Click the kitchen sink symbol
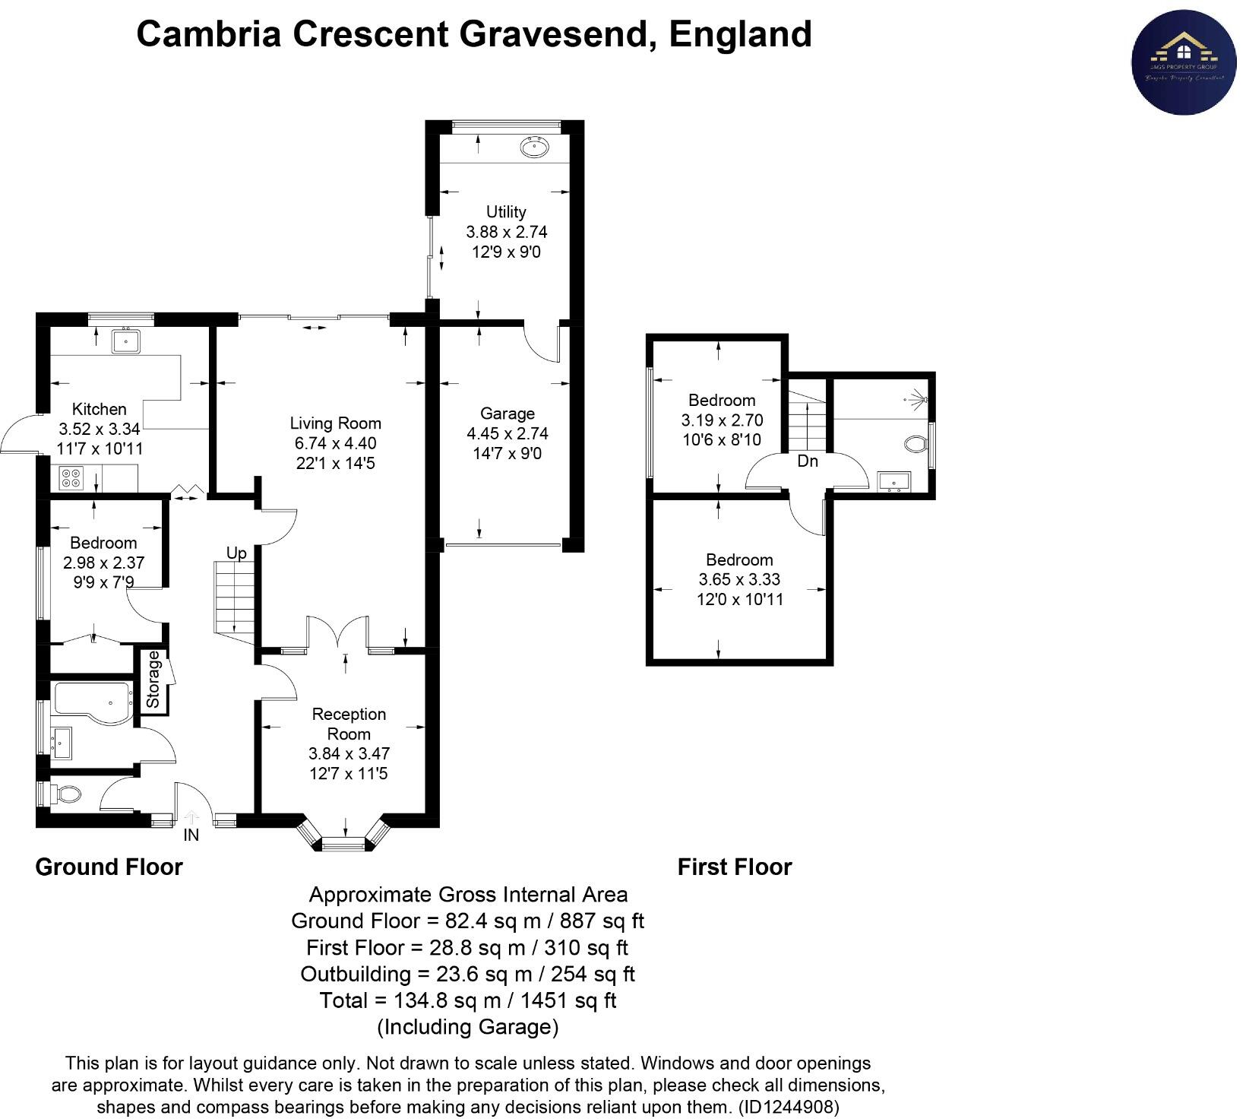pyautogui.click(x=125, y=342)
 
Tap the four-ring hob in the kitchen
pyautogui.click(x=71, y=478)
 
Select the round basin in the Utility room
pyautogui.click(x=535, y=147)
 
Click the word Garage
pyautogui.click(x=507, y=414)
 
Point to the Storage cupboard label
pyautogui.click(x=153, y=680)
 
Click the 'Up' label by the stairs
pyautogui.click(x=236, y=553)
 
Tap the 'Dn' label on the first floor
pyautogui.click(x=808, y=461)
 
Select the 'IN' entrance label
pyautogui.click(x=191, y=835)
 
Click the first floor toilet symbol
pyautogui.click(x=916, y=443)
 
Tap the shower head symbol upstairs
pyautogui.click(x=917, y=398)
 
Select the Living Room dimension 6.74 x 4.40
pyautogui.click(x=335, y=443)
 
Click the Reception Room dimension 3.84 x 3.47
pyautogui.click(x=349, y=753)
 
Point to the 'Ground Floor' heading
pyautogui.click(x=109, y=867)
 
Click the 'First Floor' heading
pyautogui.click(x=734, y=867)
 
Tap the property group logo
pyautogui.click(x=1183, y=62)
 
